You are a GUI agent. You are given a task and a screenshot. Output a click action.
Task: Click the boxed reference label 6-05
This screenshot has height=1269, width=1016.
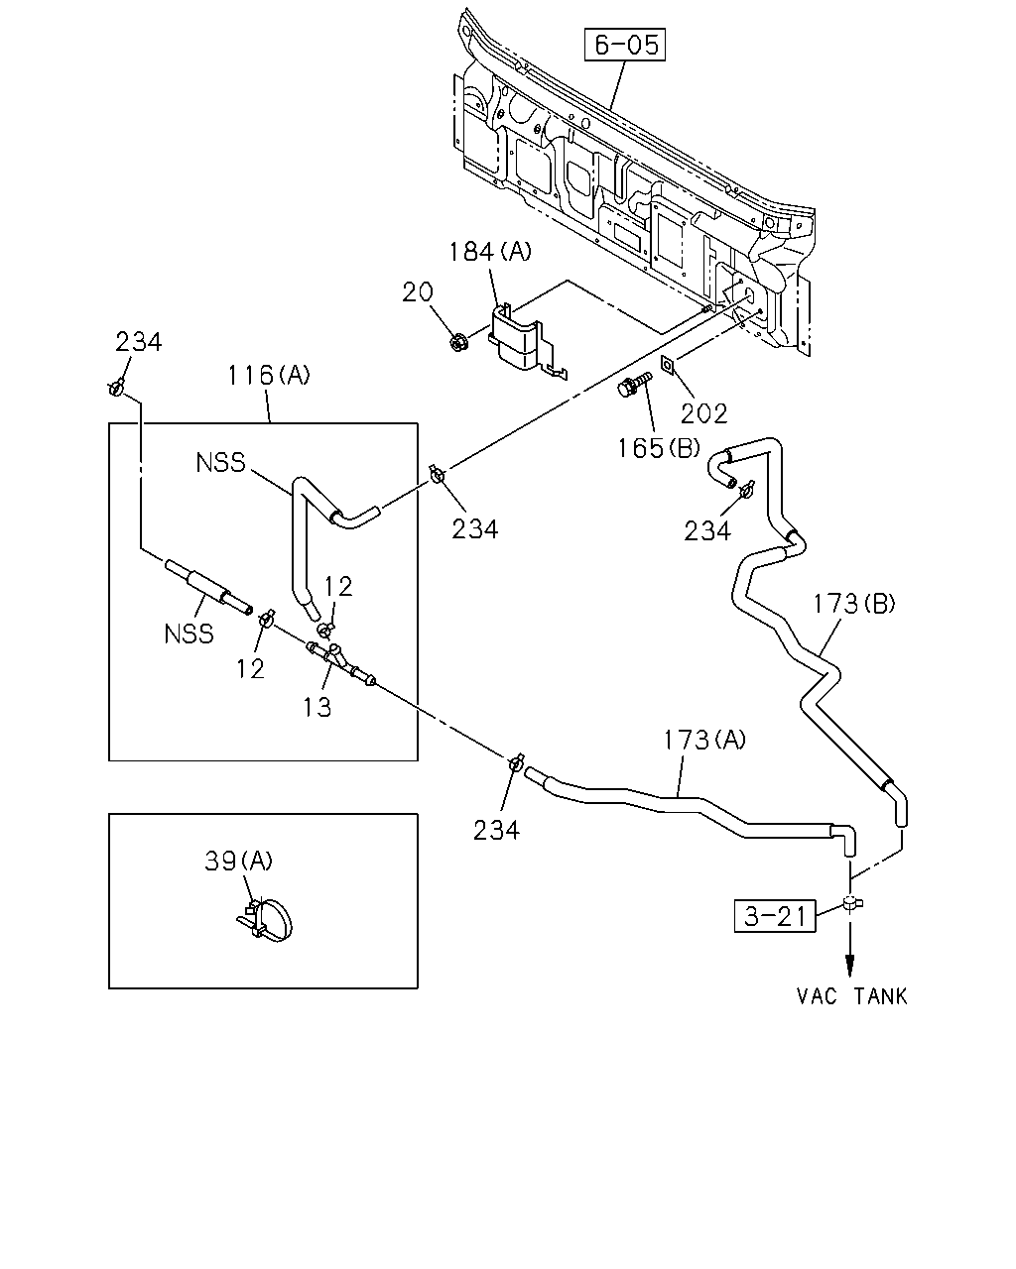click(x=625, y=45)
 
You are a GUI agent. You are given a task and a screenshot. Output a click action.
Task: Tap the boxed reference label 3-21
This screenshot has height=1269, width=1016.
click(x=775, y=916)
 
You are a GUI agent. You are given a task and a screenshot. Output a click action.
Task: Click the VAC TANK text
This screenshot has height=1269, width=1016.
click(x=851, y=996)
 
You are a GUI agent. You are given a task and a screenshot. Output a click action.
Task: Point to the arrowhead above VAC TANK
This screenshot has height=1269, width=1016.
click(x=849, y=966)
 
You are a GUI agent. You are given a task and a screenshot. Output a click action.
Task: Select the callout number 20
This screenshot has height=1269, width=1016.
click(x=418, y=292)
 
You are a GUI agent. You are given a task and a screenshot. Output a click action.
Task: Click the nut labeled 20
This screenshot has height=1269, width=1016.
click(x=457, y=342)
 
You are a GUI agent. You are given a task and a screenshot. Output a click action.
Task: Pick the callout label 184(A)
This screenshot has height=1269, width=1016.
click(x=490, y=252)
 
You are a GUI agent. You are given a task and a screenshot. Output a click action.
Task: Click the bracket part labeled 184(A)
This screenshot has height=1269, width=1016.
click(x=523, y=342)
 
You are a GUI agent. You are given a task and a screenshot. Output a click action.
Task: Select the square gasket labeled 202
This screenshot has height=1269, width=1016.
click(x=667, y=366)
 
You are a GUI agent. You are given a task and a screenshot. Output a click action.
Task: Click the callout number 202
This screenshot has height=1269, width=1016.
click(x=703, y=414)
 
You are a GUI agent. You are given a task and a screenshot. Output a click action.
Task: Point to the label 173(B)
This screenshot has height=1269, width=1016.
click(x=854, y=604)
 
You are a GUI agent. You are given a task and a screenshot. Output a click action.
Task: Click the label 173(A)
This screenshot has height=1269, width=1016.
click(x=704, y=740)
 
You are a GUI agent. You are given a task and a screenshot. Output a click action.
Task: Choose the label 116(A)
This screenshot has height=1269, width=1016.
click(x=269, y=375)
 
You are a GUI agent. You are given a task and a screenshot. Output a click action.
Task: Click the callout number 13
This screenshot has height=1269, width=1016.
click(x=317, y=707)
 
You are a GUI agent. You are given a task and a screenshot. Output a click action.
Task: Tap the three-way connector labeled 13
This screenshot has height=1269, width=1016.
click(x=340, y=663)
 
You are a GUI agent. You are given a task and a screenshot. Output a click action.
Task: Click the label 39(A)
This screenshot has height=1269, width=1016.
click(x=238, y=862)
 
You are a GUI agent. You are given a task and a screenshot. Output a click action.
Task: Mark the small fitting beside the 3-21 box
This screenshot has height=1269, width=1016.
click(x=852, y=902)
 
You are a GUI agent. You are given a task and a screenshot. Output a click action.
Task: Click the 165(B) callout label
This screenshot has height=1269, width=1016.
click(x=658, y=448)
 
